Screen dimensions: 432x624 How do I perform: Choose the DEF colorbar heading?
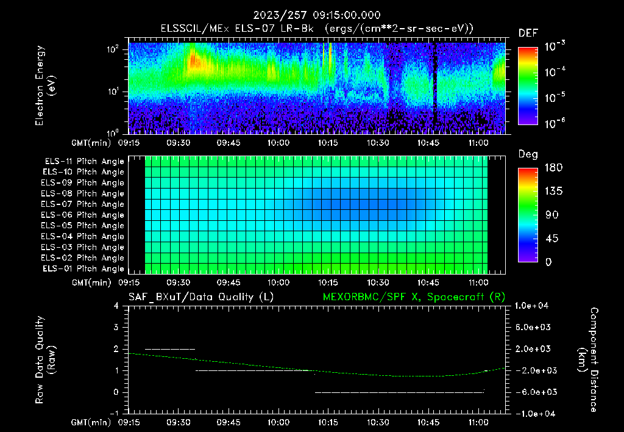point(527,33)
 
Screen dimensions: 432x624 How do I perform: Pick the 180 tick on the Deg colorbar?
point(550,167)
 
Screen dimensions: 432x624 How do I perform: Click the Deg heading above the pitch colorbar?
point(527,154)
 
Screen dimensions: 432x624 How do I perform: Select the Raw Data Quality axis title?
point(46,360)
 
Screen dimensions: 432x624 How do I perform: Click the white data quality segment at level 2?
point(170,349)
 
